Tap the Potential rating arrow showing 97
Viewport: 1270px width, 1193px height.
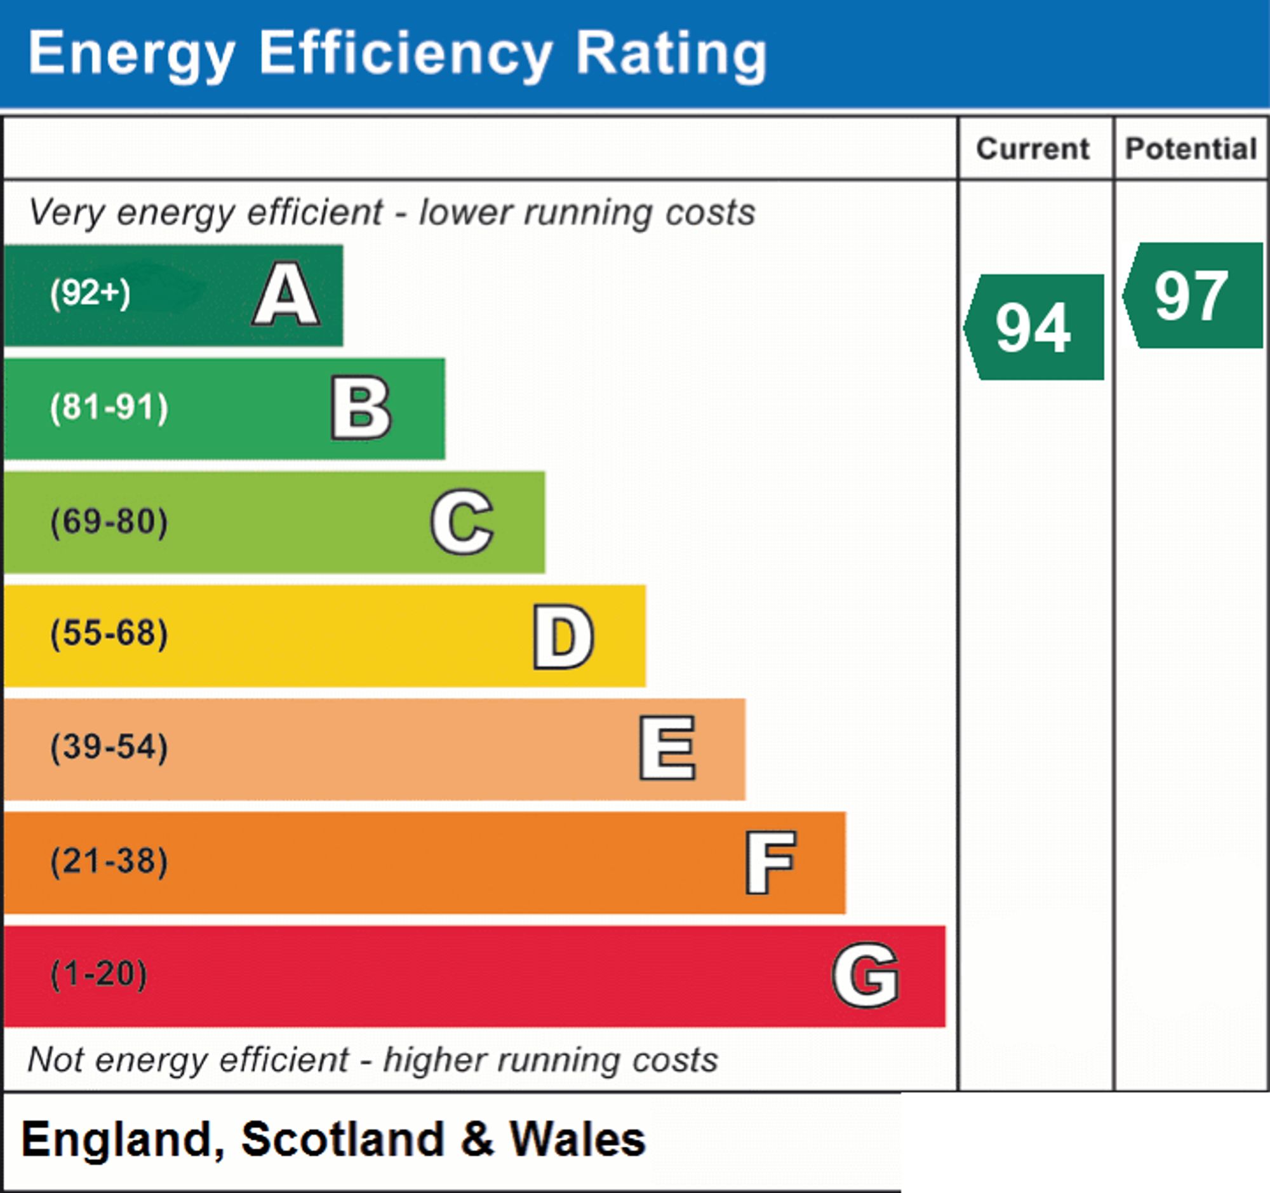1193,295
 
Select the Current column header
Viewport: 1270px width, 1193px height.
1033,149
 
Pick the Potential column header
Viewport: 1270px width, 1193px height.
1191,149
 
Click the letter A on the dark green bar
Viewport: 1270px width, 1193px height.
286,294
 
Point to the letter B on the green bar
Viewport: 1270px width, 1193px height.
361,408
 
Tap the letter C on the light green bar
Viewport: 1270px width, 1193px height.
462,522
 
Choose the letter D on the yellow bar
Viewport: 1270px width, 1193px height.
563,637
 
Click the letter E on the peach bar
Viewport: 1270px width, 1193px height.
667,748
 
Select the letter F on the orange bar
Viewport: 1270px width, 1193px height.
770,862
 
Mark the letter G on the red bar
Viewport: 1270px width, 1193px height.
866,975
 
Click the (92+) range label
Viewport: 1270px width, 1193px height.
90,293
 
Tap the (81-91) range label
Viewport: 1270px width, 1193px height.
109,408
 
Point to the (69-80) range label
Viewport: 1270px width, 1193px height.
109,522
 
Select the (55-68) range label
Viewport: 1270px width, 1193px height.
109,634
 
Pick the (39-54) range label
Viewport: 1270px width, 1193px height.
109,747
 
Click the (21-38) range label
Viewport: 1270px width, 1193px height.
109,861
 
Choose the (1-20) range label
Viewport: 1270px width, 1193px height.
98,974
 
